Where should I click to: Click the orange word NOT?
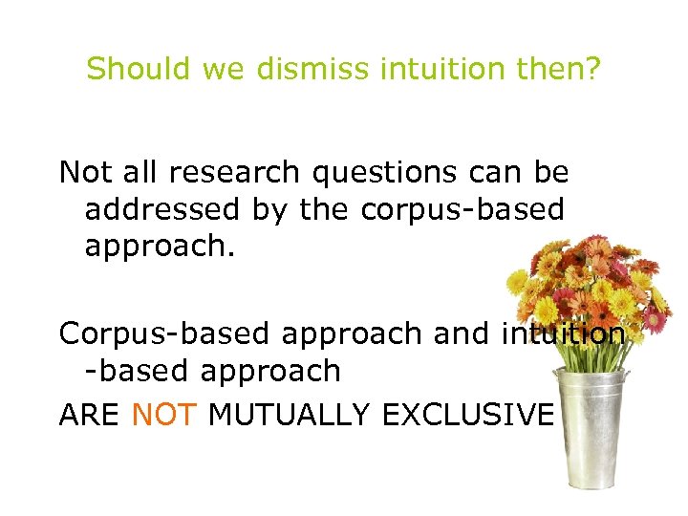click(163, 416)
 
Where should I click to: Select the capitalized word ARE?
click(90, 416)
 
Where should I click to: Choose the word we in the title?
click(208, 69)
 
